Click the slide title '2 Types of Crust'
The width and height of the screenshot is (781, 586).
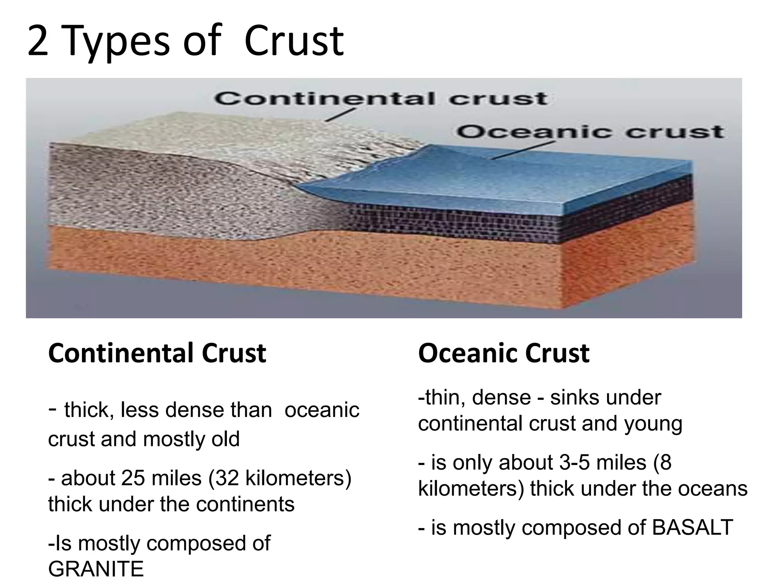pyautogui.click(x=186, y=42)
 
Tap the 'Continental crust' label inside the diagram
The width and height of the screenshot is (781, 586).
pyautogui.click(x=381, y=98)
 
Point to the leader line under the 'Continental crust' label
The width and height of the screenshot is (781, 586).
pyautogui.click(x=340, y=115)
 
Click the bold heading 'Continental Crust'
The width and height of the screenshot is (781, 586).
pyautogui.click(x=157, y=353)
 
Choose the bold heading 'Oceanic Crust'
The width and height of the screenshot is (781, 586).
pyautogui.click(x=503, y=353)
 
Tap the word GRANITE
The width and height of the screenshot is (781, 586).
pyautogui.click(x=96, y=569)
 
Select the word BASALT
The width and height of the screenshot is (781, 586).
pyautogui.click(x=692, y=528)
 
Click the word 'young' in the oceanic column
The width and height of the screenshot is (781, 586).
pyautogui.click(x=653, y=424)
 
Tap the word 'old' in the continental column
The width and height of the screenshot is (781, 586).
pyautogui.click(x=225, y=439)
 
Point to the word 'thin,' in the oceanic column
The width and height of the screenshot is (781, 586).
pyautogui.click(x=444, y=398)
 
